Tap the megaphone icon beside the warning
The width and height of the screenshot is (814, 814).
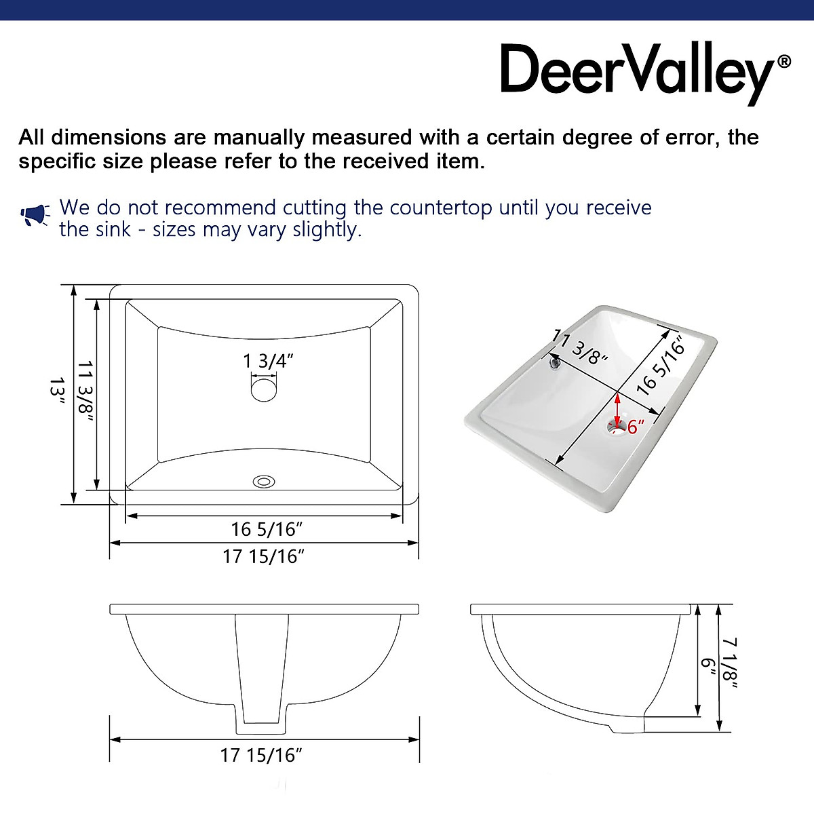[34, 216]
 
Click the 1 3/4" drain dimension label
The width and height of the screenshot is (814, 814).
[268, 361]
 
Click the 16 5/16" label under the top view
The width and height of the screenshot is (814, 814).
[267, 528]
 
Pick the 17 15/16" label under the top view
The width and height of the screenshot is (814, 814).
[264, 556]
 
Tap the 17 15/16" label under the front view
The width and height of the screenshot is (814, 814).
[261, 755]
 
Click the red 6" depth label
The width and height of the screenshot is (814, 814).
[636, 427]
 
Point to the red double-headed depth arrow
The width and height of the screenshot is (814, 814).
[617, 408]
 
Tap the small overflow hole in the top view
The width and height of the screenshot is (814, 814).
[264, 482]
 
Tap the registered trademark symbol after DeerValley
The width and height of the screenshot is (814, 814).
[783, 62]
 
